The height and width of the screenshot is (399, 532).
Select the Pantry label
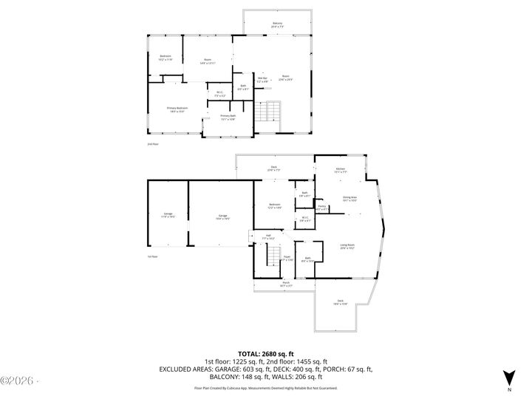(321, 208)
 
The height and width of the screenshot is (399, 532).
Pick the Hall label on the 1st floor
(268, 237)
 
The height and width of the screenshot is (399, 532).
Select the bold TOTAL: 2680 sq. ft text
(266, 354)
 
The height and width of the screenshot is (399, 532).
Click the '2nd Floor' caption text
(153, 144)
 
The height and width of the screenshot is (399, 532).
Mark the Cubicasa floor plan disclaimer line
(266, 387)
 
